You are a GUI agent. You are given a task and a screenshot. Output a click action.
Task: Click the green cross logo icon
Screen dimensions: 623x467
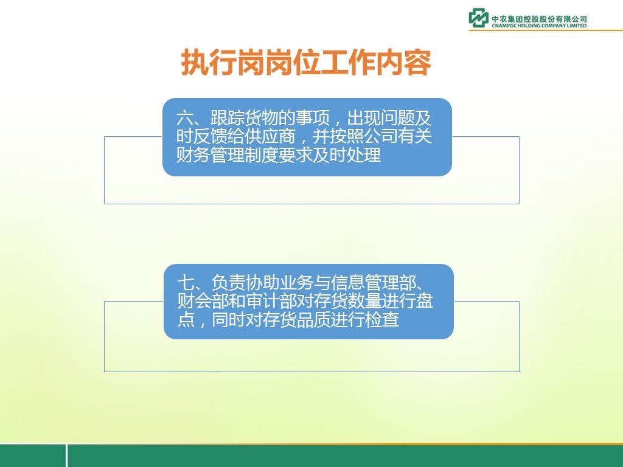478,18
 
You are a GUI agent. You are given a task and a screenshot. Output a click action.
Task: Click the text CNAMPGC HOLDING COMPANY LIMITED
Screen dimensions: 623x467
539,26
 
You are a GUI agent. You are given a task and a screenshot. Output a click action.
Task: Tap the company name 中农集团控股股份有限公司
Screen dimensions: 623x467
539,18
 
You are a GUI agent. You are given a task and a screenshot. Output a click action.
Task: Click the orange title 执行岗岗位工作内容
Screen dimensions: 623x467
307,63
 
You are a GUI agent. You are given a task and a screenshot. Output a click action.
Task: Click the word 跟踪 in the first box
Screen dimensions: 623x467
228,118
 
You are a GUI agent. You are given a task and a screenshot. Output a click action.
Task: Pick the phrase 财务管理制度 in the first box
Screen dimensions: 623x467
228,154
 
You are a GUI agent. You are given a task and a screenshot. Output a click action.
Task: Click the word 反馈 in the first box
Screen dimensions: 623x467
211,136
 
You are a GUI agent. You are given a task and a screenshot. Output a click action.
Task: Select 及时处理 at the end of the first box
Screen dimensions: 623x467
347,154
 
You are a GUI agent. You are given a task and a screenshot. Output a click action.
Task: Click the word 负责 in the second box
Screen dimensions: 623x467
228,283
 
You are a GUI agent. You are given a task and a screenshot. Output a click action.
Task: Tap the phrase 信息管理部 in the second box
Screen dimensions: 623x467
373,283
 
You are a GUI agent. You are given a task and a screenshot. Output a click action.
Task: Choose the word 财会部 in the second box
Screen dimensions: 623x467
203,301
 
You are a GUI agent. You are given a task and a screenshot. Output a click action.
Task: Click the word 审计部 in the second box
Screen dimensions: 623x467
271,301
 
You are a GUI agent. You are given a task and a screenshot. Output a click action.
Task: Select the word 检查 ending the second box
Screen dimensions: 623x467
382,319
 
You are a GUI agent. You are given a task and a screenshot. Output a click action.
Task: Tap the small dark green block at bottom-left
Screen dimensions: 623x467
33,456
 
